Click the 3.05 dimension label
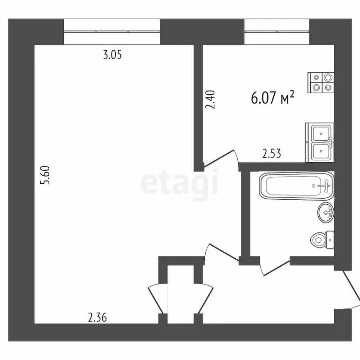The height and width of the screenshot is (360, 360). point(112,55)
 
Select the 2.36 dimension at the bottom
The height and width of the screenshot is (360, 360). point(97,318)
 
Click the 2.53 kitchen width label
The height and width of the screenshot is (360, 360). point(271,154)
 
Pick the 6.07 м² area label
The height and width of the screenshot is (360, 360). point(273,97)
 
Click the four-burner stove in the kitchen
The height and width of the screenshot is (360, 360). point(321,82)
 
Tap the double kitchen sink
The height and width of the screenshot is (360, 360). point(320,142)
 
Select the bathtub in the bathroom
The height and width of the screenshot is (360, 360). point(296,186)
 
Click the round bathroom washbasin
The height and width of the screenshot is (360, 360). point(326,213)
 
